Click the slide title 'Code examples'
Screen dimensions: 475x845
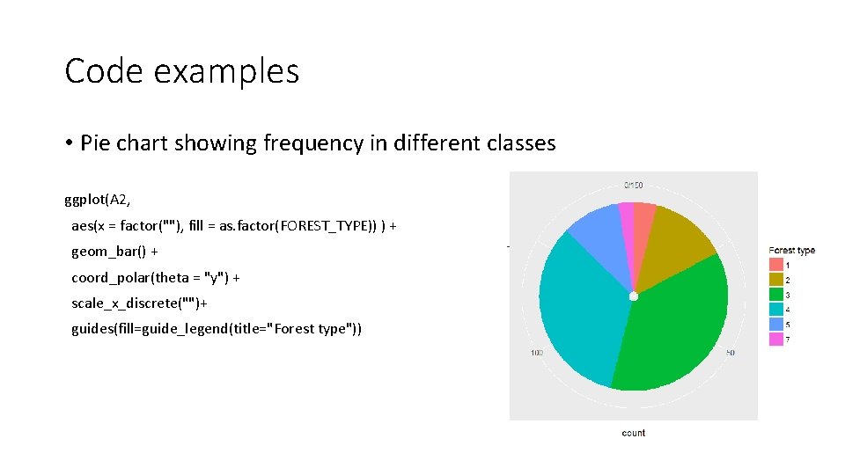tap(181, 71)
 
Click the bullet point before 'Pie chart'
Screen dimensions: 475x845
tap(69, 143)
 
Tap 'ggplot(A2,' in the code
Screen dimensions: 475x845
tap(98, 200)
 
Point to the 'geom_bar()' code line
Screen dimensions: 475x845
tap(114, 252)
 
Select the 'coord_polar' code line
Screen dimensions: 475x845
tap(156, 277)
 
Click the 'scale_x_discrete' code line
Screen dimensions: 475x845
tap(139, 303)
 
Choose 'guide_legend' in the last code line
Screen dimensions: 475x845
tap(229, 329)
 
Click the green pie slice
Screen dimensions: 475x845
tap(678, 325)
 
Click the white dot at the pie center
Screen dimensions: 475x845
tap(633, 297)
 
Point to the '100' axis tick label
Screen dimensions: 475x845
tap(536, 353)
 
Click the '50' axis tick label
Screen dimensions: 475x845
tap(730, 353)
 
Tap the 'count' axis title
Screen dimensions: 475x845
tap(633, 433)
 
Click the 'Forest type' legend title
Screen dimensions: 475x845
tap(791, 250)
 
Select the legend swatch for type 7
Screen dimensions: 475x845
tap(776, 339)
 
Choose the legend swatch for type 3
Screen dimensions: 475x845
tap(776, 294)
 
